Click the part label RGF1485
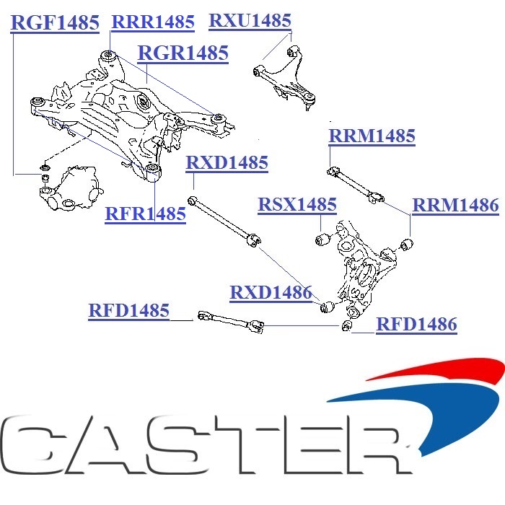coord(56,23)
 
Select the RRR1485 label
coord(153,22)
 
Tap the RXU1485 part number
coord(250,21)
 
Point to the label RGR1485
coord(183,53)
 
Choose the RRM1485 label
coord(372,136)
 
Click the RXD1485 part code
coord(227,163)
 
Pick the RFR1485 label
coord(146,214)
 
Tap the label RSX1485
coord(297,205)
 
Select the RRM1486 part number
coord(455,206)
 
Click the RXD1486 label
coord(271,293)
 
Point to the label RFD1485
coord(129,311)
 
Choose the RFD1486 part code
coord(416,325)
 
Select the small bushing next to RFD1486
coord(346,328)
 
